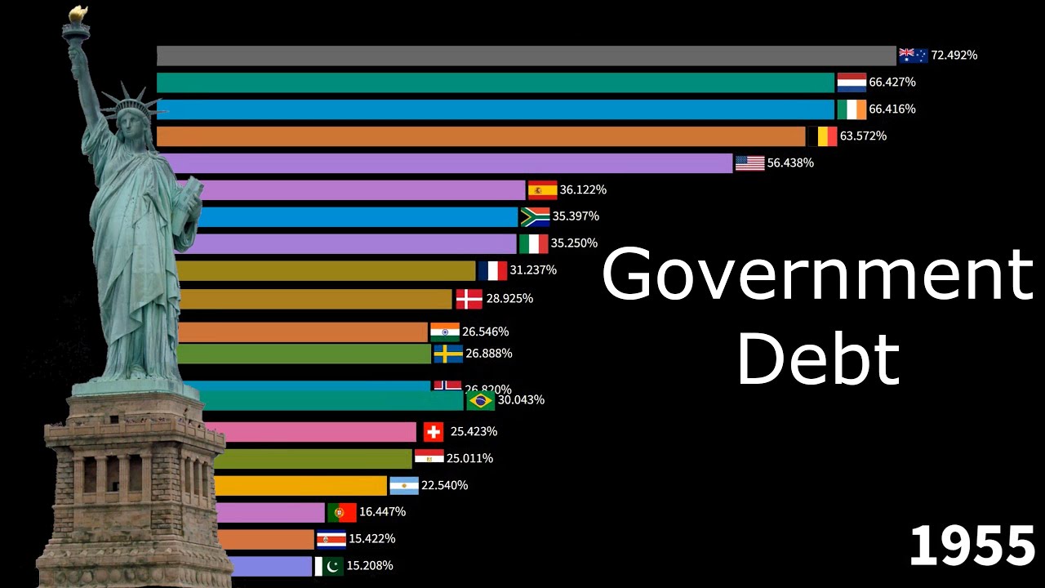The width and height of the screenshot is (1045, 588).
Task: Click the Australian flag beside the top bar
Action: (913, 56)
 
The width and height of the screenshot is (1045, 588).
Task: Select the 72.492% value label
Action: (954, 56)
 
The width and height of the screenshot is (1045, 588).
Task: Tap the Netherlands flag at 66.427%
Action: (852, 82)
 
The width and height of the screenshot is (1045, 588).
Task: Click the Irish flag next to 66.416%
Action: (852, 109)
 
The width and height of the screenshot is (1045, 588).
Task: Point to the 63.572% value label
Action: (863, 136)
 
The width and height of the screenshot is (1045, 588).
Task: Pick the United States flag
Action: (749, 163)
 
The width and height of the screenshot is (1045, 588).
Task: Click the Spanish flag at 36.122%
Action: (542, 190)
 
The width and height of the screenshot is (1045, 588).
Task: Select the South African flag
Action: (535, 216)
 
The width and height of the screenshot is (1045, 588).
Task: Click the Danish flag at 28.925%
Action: (469, 299)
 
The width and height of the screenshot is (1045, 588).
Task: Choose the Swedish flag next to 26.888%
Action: (448, 354)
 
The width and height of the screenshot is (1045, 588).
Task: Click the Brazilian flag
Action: (480, 400)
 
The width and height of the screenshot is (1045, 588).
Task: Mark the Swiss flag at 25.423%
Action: (434, 431)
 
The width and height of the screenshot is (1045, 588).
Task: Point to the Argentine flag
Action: (404, 485)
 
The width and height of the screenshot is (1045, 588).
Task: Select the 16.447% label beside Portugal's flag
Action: (382, 512)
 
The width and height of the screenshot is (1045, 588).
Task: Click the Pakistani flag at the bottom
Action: (329, 566)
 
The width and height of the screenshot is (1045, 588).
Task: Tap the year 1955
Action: (972, 546)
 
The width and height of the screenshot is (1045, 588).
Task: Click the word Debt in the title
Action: (818, 357)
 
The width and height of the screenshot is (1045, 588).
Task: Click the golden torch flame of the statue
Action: (78, 14)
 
